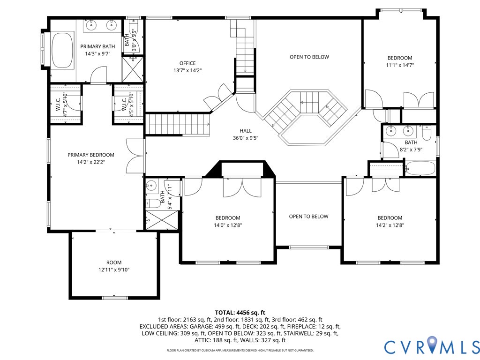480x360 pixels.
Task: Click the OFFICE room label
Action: click(187, 63)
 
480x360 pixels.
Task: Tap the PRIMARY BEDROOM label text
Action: click(91, 155)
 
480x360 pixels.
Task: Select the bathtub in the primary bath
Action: click(62, 49)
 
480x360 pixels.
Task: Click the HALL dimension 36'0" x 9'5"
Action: click(246, 138)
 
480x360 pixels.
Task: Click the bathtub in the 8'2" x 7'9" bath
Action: click(420, 168)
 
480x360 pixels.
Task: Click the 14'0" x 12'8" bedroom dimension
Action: click(228, 225)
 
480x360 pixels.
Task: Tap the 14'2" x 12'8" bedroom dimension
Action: click(390, 225)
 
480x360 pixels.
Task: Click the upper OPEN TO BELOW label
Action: click(309, 57)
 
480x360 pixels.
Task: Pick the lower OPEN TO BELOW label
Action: click(308, 217)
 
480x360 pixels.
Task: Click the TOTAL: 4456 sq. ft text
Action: click(240, 312)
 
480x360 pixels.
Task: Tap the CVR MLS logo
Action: click(432, 347)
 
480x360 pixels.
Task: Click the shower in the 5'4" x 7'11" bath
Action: click(155, 219)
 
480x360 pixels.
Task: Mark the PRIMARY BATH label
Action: click(97, 46)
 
